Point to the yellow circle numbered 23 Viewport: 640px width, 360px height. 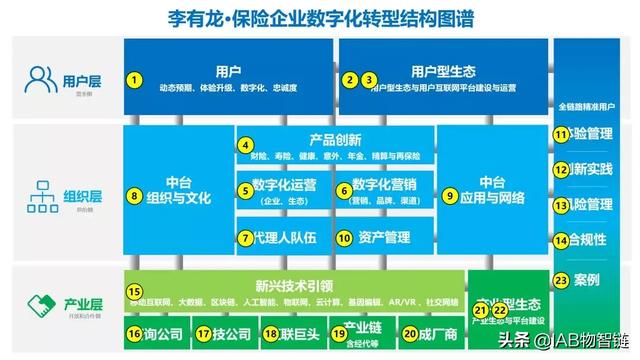click(x=561, y=281)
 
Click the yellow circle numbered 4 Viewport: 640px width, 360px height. click(x=245, y=146)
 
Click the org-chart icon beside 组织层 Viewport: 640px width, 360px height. click(x=43, y=194)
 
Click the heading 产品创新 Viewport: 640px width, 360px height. click(x=329, y=139)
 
